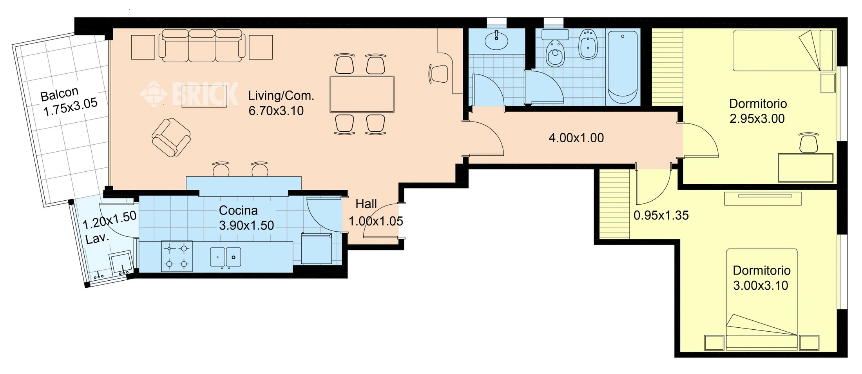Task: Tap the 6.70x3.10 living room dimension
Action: click(x=276, y=111)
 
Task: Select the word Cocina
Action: click(x=238, y=211)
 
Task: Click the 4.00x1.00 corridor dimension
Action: click(x=576, y=138)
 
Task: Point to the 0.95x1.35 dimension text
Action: click(x=661, y=216)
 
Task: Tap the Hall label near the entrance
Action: click(x=366, y=204)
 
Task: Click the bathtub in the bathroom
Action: click(x=623, y=67)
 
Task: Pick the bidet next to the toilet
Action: click(x=588, y=44)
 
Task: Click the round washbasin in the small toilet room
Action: click(x=496, y=40)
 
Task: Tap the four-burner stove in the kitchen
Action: click(x=177, y=256)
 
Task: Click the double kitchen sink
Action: click(x=225, y=257)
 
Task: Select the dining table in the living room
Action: click(x=362, y=94)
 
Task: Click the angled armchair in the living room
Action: click(x=171, y=137)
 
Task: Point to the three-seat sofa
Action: click(x=202, y=45)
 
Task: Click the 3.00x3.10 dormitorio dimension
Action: click(x=760, y=286)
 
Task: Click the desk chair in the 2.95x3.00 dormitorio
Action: click(x=809, y=143)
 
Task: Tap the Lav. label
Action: click(x=97, y=238)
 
